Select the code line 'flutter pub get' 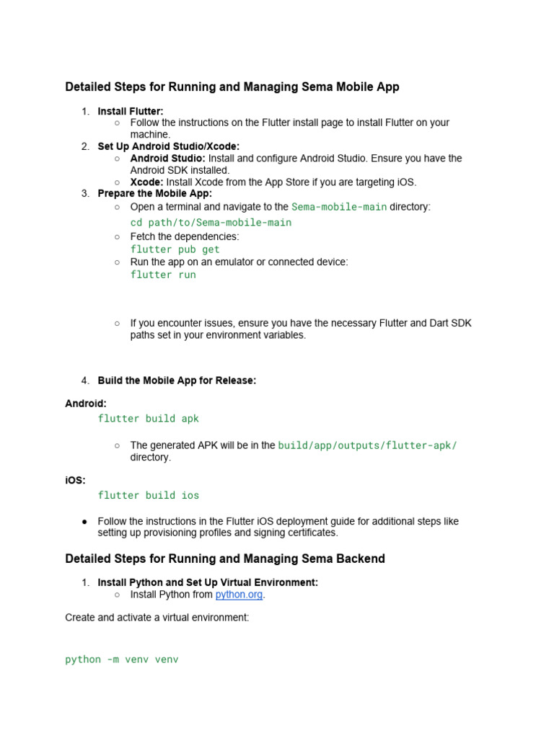175,249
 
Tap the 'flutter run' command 163,275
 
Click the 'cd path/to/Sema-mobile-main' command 211,223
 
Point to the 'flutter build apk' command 149,419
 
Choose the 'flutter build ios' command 149,495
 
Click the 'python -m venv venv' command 121,659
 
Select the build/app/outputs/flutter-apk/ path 367,445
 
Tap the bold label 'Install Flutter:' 131,111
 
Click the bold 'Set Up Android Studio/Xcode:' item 169,146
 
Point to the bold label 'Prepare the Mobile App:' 155,193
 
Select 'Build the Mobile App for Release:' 177,381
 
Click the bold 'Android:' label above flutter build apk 86,404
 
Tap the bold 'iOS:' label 75,480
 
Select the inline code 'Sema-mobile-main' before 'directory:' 339,207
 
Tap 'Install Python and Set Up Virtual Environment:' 208,582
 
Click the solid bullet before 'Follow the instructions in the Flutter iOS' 85,521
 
